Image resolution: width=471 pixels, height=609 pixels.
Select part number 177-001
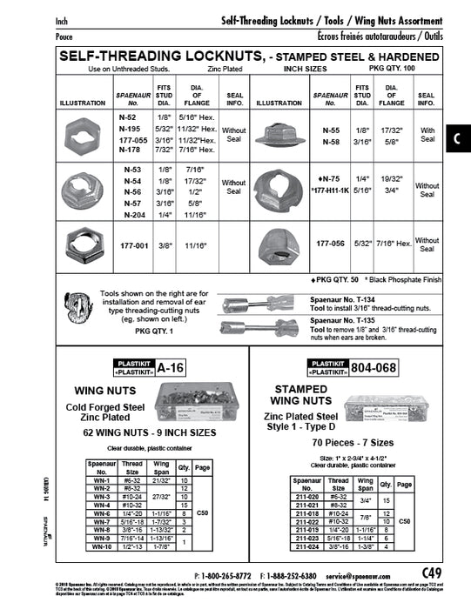point(128,245)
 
